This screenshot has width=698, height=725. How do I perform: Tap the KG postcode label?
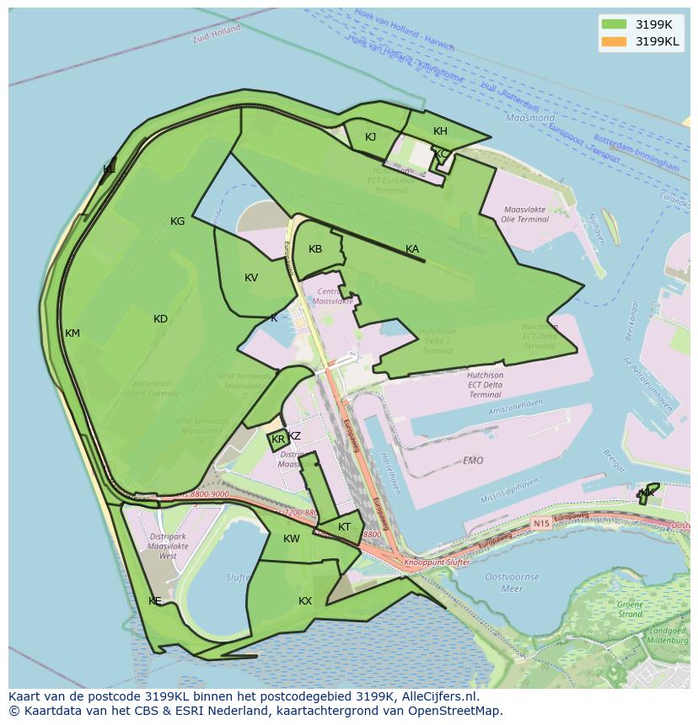[177, 221]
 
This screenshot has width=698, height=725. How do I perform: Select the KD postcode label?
[160, 319]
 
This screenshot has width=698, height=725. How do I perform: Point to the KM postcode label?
[72, 333]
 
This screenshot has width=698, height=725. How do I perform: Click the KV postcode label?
[251, 279]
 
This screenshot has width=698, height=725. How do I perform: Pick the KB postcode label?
[315, 249]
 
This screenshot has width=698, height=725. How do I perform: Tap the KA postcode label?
[412, 249]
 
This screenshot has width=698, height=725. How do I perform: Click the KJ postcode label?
[371, 137]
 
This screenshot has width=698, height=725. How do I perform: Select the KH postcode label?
[440, 131]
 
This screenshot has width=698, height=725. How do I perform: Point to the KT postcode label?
[344, 528]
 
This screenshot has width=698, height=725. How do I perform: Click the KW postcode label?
[291, 539]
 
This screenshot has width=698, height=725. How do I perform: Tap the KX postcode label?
[305, 601]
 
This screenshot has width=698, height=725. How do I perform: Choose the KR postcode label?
[278, 440]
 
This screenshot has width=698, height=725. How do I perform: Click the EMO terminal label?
[473, 461]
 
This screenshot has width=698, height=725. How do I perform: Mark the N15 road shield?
[540, 523]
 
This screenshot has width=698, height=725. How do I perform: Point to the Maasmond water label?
[530, 119]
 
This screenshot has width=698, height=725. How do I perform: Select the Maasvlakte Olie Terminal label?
[525, 215]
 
